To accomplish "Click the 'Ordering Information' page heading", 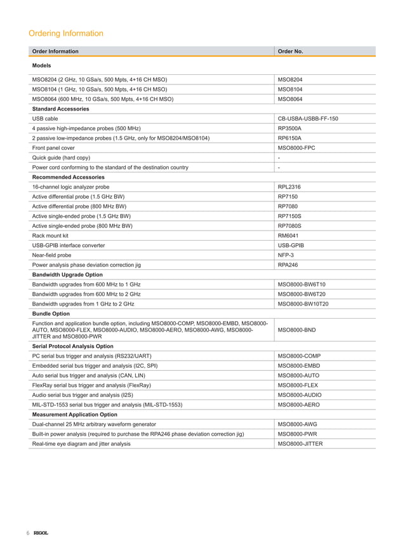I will pos(66,33).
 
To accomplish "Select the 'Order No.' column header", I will pos(291,51).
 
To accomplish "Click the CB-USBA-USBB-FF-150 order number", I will pos(308,118).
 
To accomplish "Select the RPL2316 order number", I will pos(289,187).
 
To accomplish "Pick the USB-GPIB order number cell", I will pos(291,245).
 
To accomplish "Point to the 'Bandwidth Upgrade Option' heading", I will pos(67,274).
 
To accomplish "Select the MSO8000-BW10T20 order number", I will pos(303,304).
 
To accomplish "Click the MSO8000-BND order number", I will pos(298,330).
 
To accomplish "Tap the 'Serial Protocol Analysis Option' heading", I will pos(73,346).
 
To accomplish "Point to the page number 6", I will pos(28,532).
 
